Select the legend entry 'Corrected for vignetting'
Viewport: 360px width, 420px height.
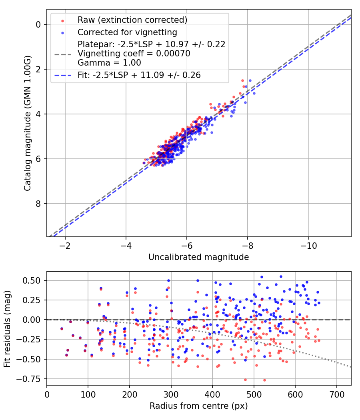127,32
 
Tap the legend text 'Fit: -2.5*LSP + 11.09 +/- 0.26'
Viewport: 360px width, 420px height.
139,75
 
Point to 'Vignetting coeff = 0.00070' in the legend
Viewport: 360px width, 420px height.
134,54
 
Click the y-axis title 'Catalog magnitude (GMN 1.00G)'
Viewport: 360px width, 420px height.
27,122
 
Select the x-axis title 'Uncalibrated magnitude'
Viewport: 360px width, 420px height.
198,257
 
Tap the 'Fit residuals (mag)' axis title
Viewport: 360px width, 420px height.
7,328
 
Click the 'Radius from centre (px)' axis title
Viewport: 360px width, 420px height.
198,406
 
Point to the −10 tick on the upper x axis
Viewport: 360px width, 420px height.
308,244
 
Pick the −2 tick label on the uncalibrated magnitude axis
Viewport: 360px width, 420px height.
65,244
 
